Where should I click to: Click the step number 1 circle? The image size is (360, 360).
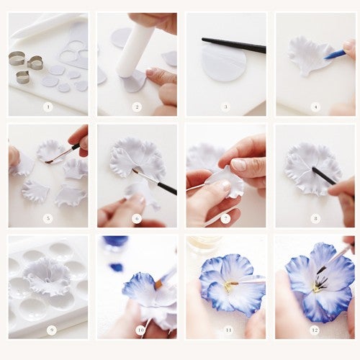pyautogui.click(x=48, y=107)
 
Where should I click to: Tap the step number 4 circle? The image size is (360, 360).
pyautogui.click(x=315, y=107)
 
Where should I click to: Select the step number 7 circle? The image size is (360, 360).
pyautogui.click(x=225, y=218)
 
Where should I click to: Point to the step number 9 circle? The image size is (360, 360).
pyautogui.click(x=52, y=330)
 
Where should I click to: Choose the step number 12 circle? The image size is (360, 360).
pyautogui.click(x=315, y=330)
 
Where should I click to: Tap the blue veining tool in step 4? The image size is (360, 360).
pyautogui.click(x=334, y=55)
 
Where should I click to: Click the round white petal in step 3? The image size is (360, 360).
pyautogui.click(x=225, y=63)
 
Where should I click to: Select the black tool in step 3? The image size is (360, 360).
pyautogui.click(x=234, y=45)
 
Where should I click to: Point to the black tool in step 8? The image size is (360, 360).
pyautogui.click(x=325, y=176)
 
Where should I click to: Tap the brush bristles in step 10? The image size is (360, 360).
pyautogui.click(x=158, y=284)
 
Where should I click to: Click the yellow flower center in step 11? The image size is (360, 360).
pyautogui.click(x=229, y=286)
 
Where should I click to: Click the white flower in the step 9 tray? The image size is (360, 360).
pyautogui.click(x=49, y=276)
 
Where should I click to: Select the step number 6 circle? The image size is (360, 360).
pyautogui.click(x=137, y=218)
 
